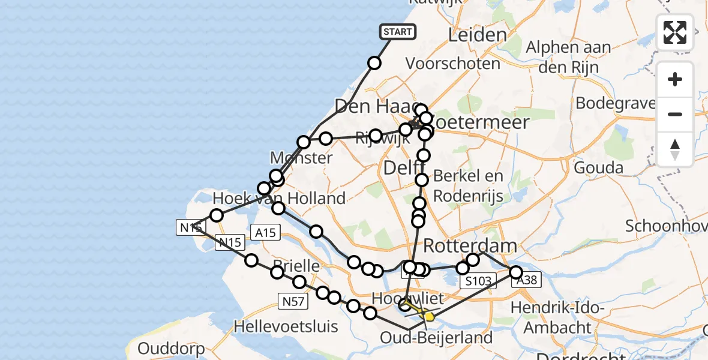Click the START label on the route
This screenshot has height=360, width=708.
click(398, 32)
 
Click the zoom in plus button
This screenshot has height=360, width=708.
click(675, 79)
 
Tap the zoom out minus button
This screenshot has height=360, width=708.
click(675, 114)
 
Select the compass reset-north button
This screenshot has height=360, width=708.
click(675, 149)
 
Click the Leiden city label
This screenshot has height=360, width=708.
click(478, 35)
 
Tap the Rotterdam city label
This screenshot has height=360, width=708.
click(470, 245)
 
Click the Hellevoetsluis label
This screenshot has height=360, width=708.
click(286, 327)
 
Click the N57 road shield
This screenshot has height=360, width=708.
click(293, 302)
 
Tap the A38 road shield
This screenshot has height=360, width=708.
click(527, 279)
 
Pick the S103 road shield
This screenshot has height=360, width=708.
click(478, 281)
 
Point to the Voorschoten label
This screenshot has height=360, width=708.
click(453, 63)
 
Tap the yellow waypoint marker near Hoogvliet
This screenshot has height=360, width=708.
click(428, 316)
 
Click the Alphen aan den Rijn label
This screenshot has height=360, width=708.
click(568, 57)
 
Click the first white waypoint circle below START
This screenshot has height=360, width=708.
click(374, 63)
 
